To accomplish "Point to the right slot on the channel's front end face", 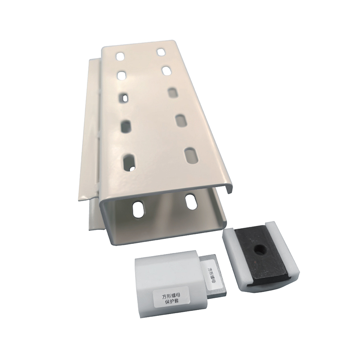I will click(x=191, y=202).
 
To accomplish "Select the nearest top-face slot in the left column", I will click(x=129, y=162).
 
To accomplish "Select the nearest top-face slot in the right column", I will click(x=192, y=154).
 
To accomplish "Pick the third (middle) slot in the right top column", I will click(x=173, y=92).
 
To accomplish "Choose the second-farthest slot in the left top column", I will click(x=121, y=75).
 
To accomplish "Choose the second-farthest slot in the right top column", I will click(x=166, y=70).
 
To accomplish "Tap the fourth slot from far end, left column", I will click(x=126, y=126).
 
